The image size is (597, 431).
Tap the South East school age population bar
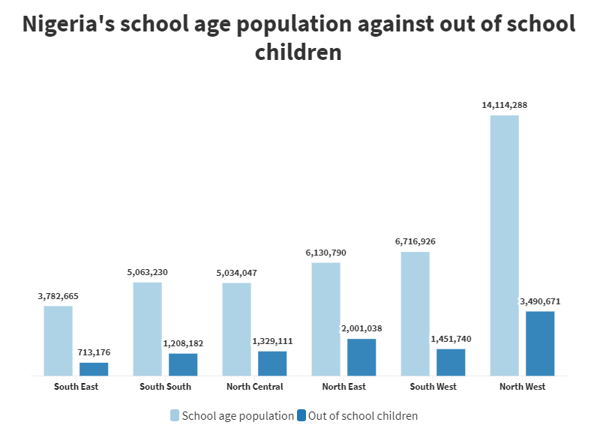(x=58, y=340)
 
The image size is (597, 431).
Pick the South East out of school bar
(x=94, y=369)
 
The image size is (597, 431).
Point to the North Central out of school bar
(x=272, y=363)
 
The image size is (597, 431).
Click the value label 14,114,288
(x=504, y=106)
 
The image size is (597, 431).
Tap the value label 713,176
(x=94, y=352)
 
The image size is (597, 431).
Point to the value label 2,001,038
(x=361, y=328)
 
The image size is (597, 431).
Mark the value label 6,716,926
(x=415, y=241)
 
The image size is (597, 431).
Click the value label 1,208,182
(x=183, y=343)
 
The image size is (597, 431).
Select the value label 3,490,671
(x=540, y=301)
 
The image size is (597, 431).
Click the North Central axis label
(x=255, y=387)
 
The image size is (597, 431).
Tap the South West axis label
(x=433, y=387)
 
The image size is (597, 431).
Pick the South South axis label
(x=165, y=387)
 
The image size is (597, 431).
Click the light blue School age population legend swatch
(x=175, y=415)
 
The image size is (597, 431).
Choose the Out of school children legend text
(x=363, y=415)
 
